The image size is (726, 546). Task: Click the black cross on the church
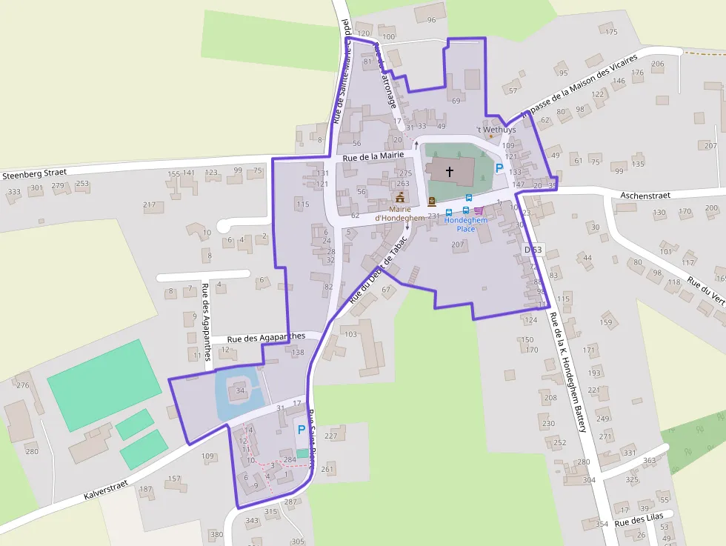tap(449, 172)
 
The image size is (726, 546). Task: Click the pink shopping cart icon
tap(479, 210)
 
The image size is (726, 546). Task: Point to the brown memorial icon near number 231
tap(432, 202)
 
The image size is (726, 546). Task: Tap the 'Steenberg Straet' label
tap(35, 173)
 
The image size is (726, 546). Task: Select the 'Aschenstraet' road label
tap(645, 196)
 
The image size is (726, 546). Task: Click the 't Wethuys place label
tap(496, 130)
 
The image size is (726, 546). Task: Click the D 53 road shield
tap(533, 250)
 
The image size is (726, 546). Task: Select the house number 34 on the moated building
tap(240, 390)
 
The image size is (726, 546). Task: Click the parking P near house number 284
tap(301, 430)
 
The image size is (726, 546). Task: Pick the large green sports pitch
tap(104, 384)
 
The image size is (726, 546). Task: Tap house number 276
tap(23, 385)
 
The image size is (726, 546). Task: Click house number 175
tap(611, 32)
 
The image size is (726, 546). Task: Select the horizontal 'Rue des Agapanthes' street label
tap(266, 337)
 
